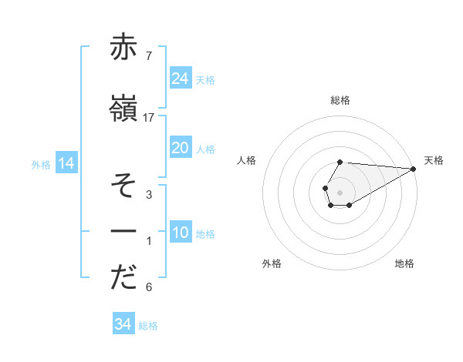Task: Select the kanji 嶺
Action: [x=124, y=110]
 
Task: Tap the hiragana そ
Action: [x=124, y=187]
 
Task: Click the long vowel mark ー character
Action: [x=124, y=231]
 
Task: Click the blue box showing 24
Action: [x=180, y=79]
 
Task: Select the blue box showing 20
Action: [x=180, y=148]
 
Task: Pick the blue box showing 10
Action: [x=180, y=233]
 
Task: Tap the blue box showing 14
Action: [x=66, y=163]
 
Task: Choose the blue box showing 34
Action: [x=123, y=324]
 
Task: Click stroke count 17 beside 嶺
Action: [x=149, y=117]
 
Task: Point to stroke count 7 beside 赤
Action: [x=148, y=55]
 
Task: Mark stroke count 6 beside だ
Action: [x=148, y=287]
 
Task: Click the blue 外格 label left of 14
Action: [x=41, y=164]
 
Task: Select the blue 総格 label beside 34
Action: [x=148, y=326]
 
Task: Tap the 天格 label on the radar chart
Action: [x=434, y=160]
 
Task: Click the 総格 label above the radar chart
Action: [x=340, y=101]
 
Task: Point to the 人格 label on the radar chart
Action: [x=247, y=160]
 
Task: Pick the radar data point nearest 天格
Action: [x=414, y=169]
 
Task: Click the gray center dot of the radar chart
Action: [x=340, y=192]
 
